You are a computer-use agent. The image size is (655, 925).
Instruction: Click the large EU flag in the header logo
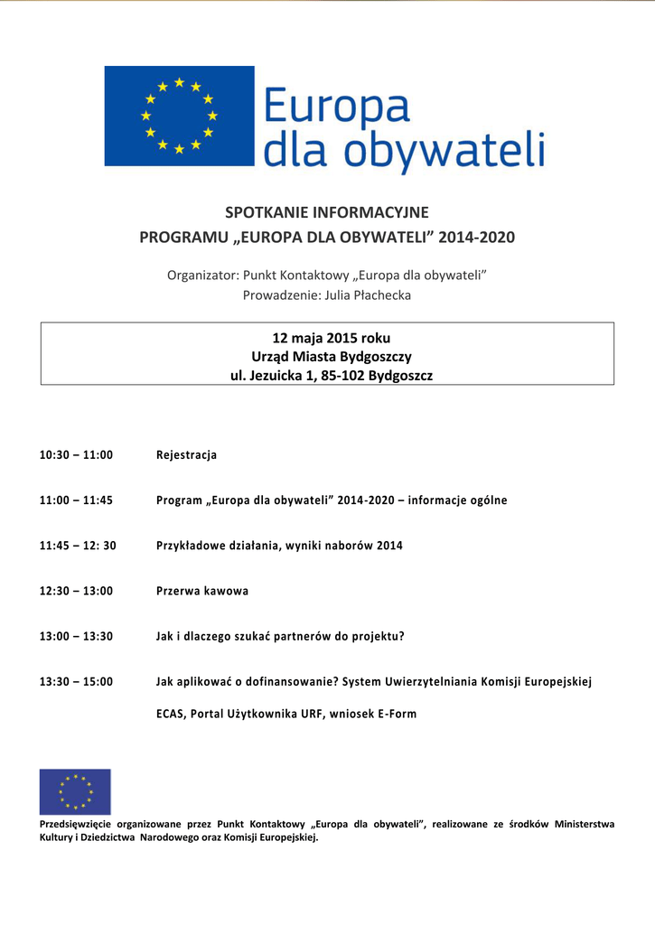pyautogui.click(x=179, y=116)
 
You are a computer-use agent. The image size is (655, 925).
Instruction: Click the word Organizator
pyautogui.click(x=202, y=275)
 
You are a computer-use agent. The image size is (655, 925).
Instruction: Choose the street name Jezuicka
pyautogui.click(x=276, y=376)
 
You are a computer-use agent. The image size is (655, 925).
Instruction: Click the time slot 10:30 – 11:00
pyautogui.click(x=76, y=455)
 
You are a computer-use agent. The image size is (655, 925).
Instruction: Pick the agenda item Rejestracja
pyautogui.click(x=186, y=455)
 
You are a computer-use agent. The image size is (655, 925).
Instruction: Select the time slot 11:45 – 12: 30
pyautogui.click(x=78, y=546)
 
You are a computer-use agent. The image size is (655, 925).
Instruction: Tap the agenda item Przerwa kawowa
pyautogui.click(x=202, y=591)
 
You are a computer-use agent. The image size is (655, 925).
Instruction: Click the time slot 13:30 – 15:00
pyautogui.click(x=76, y=681)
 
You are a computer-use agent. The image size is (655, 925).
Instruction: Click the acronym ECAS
pyautogui.click(x=170, y=714)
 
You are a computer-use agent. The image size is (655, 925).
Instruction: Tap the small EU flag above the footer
pyautogui.click(x=75, y=791)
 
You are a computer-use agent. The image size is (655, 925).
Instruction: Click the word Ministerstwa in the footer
pyautogui.click(x=584, y=824)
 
